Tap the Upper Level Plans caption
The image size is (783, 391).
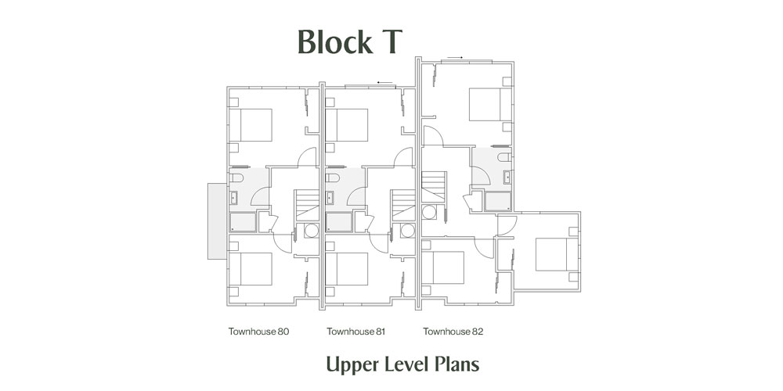pyautogui.click(x=402, y=364)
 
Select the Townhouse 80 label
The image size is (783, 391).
pyautogui.click(x=258, y=331)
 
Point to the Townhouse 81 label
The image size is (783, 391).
pyautogui.click(x=356, y=331)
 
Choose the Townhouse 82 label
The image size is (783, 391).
pyautogui.click(x=453, y=331)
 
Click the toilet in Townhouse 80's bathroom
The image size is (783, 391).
pyautogui.click(x=236, y=178)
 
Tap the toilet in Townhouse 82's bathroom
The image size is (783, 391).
pyautogui.click(x=504, y=157)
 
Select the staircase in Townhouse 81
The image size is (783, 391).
pyautogui.click(x=403, y=205)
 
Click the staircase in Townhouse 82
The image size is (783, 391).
pyautogui.click(x=434, y=186)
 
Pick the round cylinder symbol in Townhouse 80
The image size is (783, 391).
pyautogui.click(x=312, y=230)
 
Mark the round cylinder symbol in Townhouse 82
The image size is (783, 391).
pyautogui.click(x=429, y=212)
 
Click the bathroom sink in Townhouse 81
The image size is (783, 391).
pyautogui.click(x=330, y=198)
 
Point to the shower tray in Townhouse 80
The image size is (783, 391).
pyautogui.click(x=244, y=222)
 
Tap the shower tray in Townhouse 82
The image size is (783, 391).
pyautogui.click(x=498, y=202)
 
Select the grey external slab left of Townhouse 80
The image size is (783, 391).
pyautogui.click(x=217, y=221)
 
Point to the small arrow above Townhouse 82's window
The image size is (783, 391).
pyautogui.click(x=455, y=58)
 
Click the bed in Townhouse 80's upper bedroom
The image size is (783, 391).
pyautogui.click(x=251, y=125)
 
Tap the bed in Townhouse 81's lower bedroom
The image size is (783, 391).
pyautogui.click(x=347, y=269)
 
